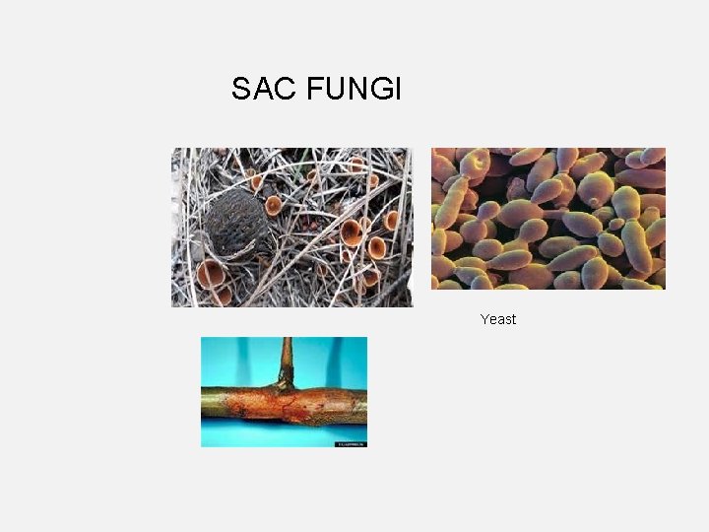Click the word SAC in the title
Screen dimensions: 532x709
(264, 90)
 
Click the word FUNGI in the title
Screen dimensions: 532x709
(354, 90)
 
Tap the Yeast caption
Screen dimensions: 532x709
(498, 319)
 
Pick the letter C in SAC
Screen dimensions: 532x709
(287, 90)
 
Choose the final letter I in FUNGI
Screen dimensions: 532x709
(398, 90)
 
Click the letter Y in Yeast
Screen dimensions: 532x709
(484, 319)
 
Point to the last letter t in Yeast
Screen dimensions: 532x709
(513, 319)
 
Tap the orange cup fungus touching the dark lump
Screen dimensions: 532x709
(273, 206)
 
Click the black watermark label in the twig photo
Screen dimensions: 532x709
(351, 443)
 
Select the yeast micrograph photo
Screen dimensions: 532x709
(548, 218)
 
